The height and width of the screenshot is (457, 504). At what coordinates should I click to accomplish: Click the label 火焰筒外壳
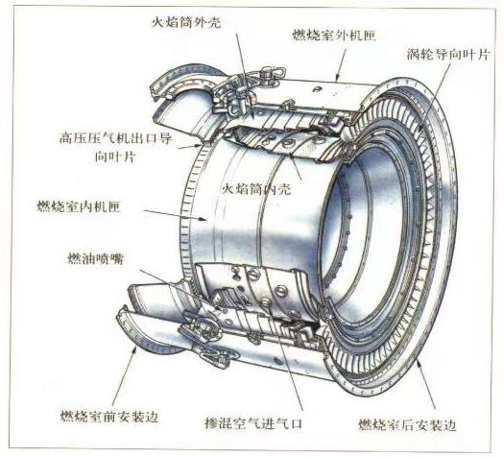[x=186, y=22]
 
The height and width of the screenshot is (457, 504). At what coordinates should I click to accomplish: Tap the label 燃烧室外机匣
[x=334, y=35]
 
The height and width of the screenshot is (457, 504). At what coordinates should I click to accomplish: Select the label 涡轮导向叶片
[x=448, y=55]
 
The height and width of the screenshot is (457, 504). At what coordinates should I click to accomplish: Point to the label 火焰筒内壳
[x=257, y=189]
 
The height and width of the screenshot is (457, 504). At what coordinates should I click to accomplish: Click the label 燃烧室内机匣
[x=79, y=206]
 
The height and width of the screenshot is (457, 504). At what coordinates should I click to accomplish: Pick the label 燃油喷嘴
[x=96, y=258]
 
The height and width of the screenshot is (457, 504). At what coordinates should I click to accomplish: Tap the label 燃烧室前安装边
[x=109, y=417]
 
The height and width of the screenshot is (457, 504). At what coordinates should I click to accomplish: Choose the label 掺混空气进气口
[x=253, y=423]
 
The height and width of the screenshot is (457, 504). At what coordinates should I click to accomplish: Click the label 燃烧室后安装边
[x=407, y=425]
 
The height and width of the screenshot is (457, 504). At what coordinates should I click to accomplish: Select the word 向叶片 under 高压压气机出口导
[x=115, y=157]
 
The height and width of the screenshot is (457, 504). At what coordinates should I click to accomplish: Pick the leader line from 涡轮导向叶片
[x=437, y=96]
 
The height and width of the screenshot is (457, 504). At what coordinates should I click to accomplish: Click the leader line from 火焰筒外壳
[x=245, y=75]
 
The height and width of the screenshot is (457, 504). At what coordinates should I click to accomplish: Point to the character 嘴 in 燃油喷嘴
[x=117, y=258]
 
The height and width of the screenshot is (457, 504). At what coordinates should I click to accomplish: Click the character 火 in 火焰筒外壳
[x=157, y=22]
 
